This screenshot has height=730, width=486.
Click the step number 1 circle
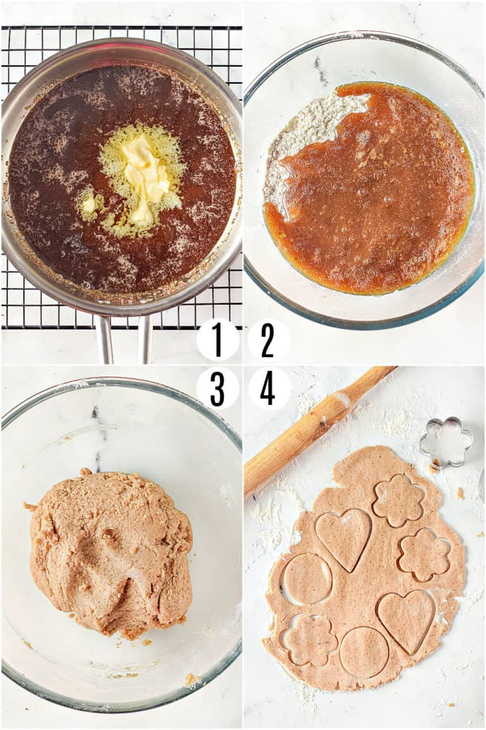click(x=218, y=340)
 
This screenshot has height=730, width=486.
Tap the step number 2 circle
click(x=268, y=340)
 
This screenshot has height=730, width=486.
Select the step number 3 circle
click(x=218, y=388)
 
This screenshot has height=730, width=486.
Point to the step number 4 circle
click(x=269, y=388)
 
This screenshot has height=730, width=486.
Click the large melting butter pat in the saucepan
click(x=145, y=174)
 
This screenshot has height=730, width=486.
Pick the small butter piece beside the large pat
click(x=89, y=203)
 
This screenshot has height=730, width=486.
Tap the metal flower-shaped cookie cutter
click(x=445, y=442)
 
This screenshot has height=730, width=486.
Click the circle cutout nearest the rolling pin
click(x=306, y=579)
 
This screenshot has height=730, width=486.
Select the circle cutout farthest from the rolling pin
click(x=363, y=651)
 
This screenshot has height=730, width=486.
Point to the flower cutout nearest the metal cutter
click(x=398, y=501)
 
